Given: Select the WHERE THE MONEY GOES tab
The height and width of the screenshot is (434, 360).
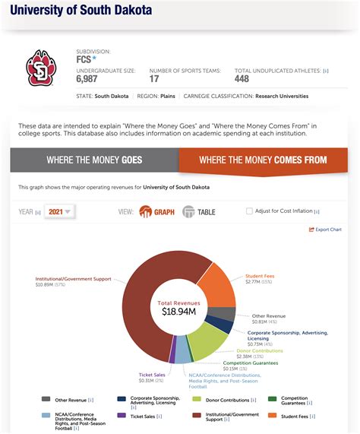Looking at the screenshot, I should (x=94, y=160).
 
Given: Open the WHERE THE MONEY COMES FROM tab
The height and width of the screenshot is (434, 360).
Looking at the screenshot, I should (x=263, y=160).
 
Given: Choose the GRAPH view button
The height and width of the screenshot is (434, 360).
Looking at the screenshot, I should (x=156, y=211).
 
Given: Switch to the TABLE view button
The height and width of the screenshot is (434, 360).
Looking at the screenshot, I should (x=199, y=211).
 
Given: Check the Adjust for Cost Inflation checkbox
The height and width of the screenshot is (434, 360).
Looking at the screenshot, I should (x=250, y=211).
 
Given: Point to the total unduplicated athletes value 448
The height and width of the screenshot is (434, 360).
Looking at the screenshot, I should (x=242, y=79).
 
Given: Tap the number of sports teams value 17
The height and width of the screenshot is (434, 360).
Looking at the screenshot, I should (x=154, y=79).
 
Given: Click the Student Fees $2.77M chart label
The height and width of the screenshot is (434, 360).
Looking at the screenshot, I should (x=258, y=278).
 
